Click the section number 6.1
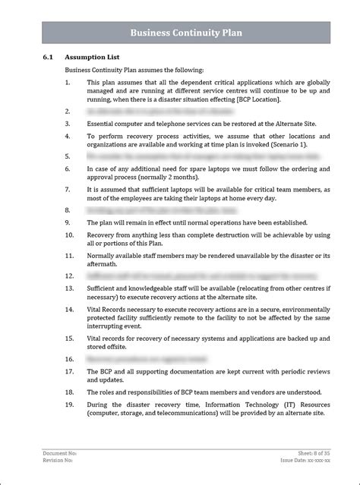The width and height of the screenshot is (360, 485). click(48, 57)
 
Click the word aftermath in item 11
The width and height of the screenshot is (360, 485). click(103, 265)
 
